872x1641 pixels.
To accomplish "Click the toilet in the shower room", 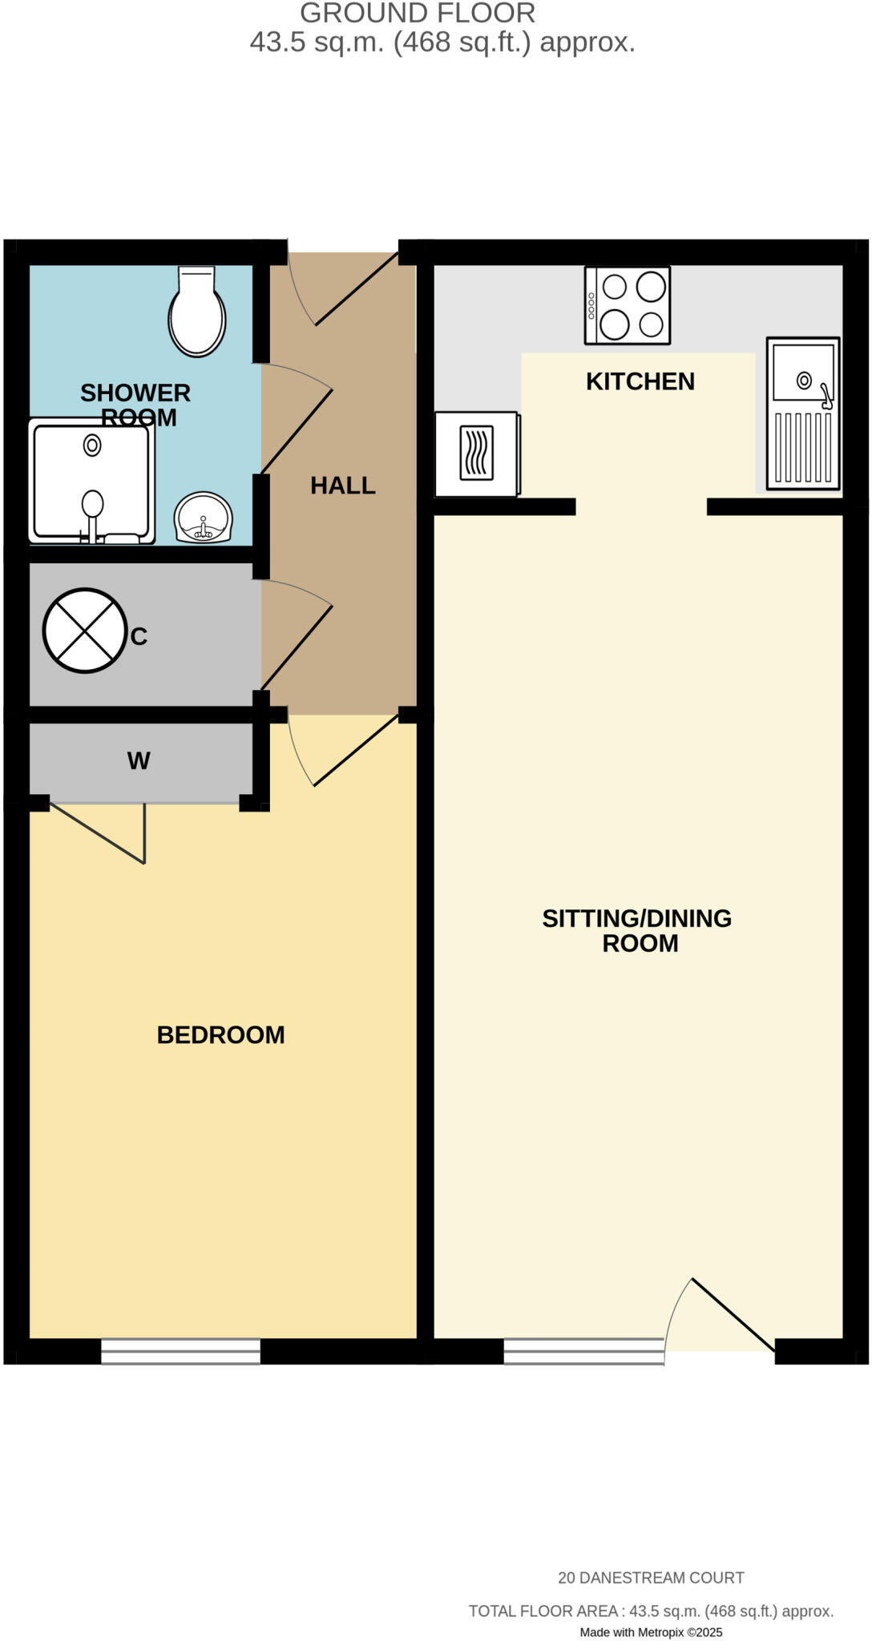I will pyautogui.click(x=196, y=312).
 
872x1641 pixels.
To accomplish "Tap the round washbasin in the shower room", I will pyautogui.click(x=204, y=518).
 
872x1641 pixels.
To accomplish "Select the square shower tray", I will pyautogui.click(x=91, y=482).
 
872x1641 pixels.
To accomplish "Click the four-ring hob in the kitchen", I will pyautogui.click(x=628, y=305).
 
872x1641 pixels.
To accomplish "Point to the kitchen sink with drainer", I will pyautogui.click(x=803, y=413).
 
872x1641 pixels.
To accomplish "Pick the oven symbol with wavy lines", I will pyautogui.click(x=477, y=454).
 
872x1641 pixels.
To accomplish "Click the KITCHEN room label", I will pyautogui.click(x=640, y=381).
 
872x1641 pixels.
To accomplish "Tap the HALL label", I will pyautogui.click(x=343, y=486).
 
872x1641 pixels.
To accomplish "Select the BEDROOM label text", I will pyautogui.click(x=220, y=1035).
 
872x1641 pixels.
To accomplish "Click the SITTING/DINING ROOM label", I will pyautogui.click(x=637, y=930).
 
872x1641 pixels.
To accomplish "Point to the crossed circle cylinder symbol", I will pyautogui.click(x=84, y=630).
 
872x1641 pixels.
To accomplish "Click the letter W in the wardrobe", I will pyautogui.click(x=139, y=761).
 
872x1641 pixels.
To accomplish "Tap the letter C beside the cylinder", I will pyautogui.click(x=139, y=637).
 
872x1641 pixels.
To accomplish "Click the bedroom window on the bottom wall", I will pyautogui.click(x=180, y=1353).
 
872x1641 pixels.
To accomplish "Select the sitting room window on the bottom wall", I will pyautogui.click(x=583, y=1352).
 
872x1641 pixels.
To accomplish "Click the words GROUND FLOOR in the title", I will pyautogui.click(x=418, y=13).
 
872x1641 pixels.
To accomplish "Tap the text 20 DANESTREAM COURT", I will pyautogui.click(x=651, y=1578).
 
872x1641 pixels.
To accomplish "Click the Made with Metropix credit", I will pyautogui.click(x=651, y=1632).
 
